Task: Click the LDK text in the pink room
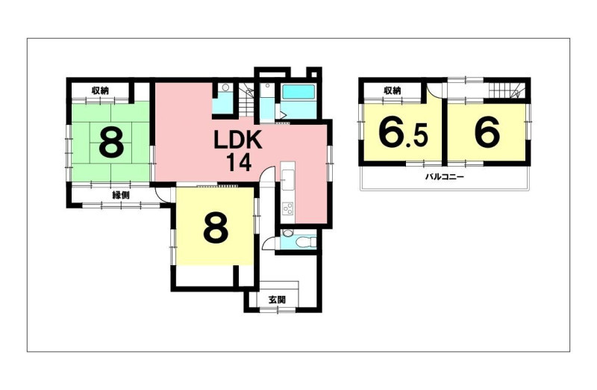(x=238, y=140)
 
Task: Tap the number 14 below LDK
(x=239, y=162)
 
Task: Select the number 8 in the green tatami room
(x=111, y=142)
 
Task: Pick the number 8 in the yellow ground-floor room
(x=216, y=228)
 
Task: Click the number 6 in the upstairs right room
(x=487, y=132)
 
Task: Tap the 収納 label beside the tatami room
(x=100, y=90)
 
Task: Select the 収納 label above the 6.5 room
(x=393, y=90)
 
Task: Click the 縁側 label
(x=121, y=195)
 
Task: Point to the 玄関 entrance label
(x=277, y=300)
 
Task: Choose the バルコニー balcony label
(x=444, y=177)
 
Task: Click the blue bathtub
(x=298, y=92)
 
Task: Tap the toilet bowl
(x=306, y=241)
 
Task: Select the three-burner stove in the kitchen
(x=288, y=209)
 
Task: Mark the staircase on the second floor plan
(x=507, y=90)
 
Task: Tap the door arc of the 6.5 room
(x=434, y=90)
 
